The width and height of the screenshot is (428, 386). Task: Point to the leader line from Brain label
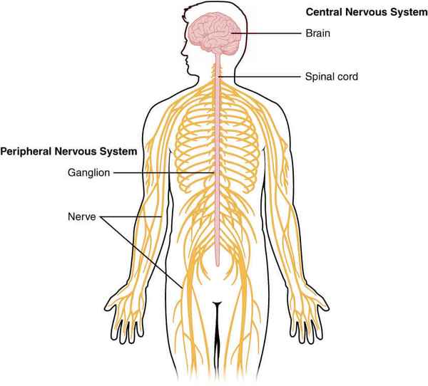(271, 33)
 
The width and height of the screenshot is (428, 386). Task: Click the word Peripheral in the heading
(28, 152)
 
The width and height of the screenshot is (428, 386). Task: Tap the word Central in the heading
(325, 12)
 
